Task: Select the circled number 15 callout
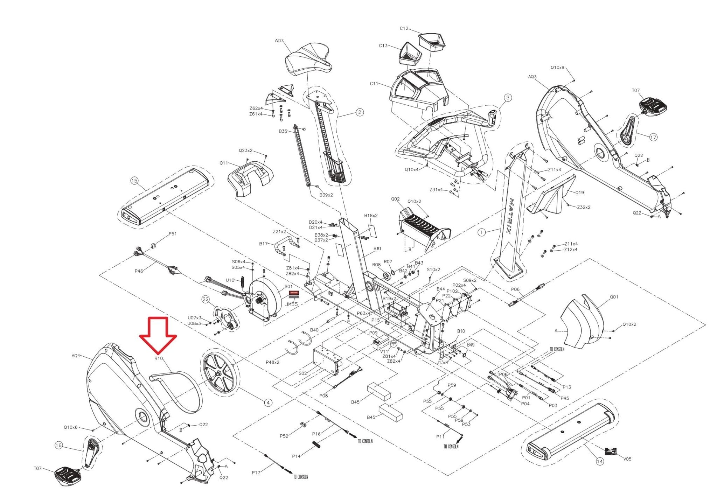pos(134,181)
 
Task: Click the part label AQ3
pos(532,77)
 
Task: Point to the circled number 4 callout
pos(268,403)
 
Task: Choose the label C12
pos(404,29)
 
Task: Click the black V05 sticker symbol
pos(611,451)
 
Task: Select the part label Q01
pos(614,297)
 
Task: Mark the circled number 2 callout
pos(360,112)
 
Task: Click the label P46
pos(139,271)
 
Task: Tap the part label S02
pos(303,373)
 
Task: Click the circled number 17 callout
pos(653,138)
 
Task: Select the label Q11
pos(224,163)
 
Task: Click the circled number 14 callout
pos(600,462)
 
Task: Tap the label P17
pos(256,472)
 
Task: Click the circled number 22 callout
pos(206,299)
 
